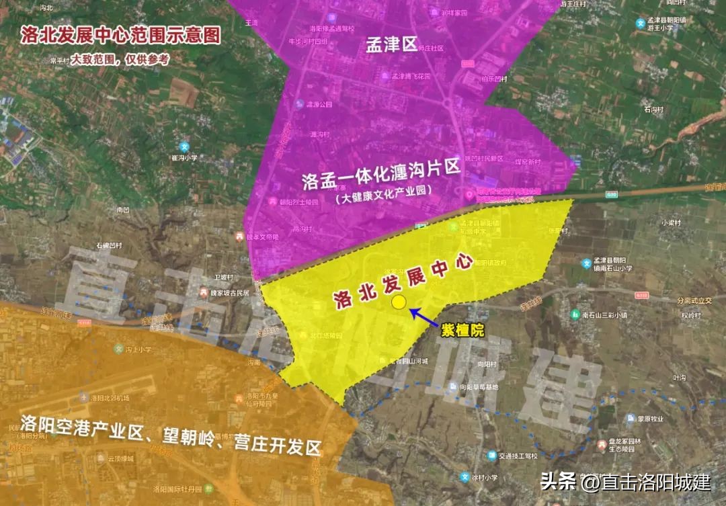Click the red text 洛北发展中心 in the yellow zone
(403, 281)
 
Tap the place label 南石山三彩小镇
(605, 314)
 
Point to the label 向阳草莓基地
(479, 387)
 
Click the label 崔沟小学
(184, 158)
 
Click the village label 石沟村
(653, 109)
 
